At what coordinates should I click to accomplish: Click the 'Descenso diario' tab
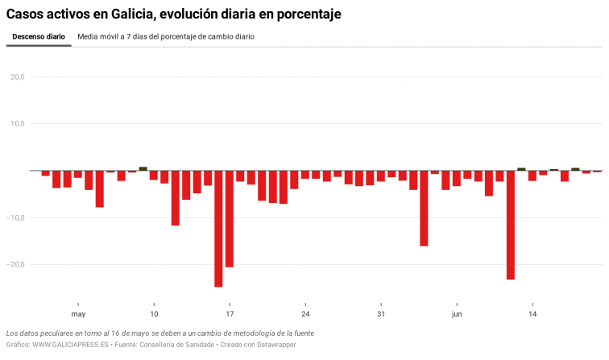39,37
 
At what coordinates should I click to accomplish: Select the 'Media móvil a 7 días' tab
166,37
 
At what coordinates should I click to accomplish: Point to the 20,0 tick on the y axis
17,77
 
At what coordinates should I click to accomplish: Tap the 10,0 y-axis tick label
17,124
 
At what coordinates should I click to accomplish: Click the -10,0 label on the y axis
16,217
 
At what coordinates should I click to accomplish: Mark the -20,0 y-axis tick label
16,264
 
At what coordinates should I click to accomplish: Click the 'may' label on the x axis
78,314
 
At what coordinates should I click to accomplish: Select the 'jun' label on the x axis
457,314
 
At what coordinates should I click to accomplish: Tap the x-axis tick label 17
230,314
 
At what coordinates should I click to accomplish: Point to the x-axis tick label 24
305,314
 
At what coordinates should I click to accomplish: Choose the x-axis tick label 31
381,314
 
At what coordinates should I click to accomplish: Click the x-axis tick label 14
532,314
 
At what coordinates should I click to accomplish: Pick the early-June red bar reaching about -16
424,209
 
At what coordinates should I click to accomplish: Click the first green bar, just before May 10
143,169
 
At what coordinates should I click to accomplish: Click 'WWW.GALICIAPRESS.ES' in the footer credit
71,345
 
